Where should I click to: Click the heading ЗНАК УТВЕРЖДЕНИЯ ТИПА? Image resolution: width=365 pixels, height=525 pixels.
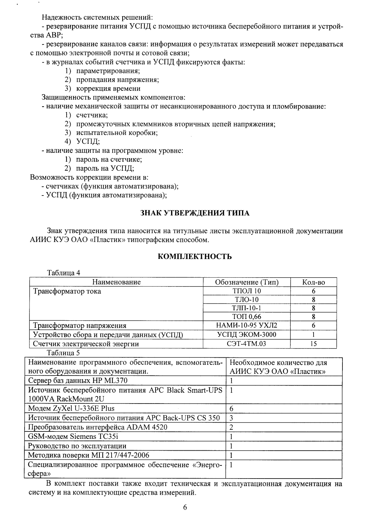pyautogui.click(x=195, y=213)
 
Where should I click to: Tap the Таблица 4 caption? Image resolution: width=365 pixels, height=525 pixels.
pyautogui.click(x=64, y=273)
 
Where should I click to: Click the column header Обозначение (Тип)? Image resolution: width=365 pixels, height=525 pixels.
pyautogui.click(x=247, y=282)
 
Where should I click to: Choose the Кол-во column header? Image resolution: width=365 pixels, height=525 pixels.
pyautogui.click(x=314, y=282)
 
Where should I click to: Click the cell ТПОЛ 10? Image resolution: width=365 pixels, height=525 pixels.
pyautogui.click(x=247, y=291)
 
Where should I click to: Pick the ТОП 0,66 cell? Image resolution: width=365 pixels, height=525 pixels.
pyautogui.click(x=247, y=317)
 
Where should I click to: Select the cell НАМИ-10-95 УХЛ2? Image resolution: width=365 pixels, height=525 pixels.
pyautogui.click(x=247, y=325)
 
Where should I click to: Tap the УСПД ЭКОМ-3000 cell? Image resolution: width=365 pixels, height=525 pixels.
pyautogui.click(x=247, y=335)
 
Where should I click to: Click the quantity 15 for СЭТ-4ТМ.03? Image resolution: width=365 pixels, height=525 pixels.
pyautogui.click(x=314, y=344)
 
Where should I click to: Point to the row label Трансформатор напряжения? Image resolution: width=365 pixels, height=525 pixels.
pyautogui.click(x=80, y=325)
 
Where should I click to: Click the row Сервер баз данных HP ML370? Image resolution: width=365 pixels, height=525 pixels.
pyautogui.click(x=78, y=381)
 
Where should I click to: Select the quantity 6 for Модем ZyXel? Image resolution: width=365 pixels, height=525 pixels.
pyautogui.click(x=232, y=409)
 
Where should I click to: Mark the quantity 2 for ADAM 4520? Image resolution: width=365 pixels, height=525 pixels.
pyautogui.click(x=232, y=427)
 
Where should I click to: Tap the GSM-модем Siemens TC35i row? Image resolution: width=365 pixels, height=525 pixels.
pyautogui.click(x=73, y=437)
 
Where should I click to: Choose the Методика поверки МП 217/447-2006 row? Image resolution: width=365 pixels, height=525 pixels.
pyautogui.click(x=89, y=455)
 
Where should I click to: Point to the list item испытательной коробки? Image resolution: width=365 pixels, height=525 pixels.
pyautogui.click(x=117, y=133)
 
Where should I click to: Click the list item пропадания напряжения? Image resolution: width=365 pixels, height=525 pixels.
pyautogui.click(x=117, y=80)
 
